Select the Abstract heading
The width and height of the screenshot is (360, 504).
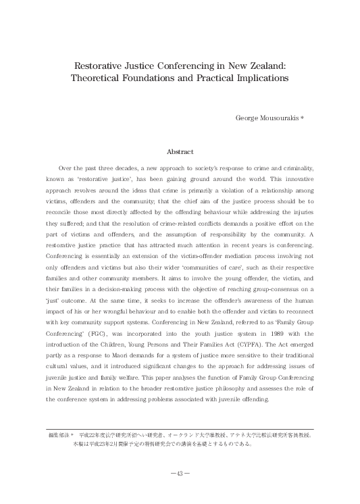click(180, 152)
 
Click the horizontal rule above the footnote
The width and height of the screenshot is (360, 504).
click(180, 428)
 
